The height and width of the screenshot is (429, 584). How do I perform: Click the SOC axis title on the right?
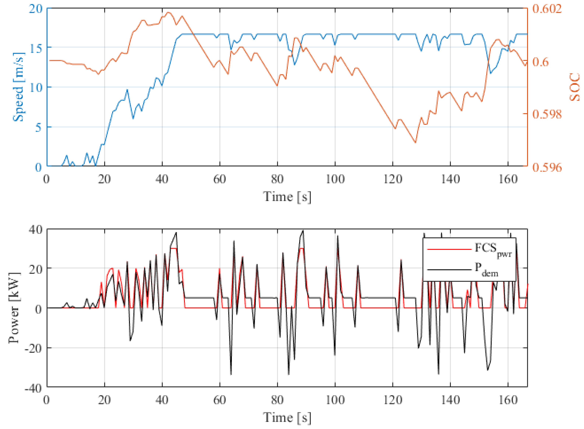(x=574, y=87)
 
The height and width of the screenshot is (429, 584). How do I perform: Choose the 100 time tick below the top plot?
(x=335, y=179)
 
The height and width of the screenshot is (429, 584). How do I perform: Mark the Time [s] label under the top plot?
(x=287, y=197)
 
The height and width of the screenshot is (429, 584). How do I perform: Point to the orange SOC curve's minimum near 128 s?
(x=415, y=143)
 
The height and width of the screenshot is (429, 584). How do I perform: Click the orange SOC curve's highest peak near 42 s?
(x=168, y=12)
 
